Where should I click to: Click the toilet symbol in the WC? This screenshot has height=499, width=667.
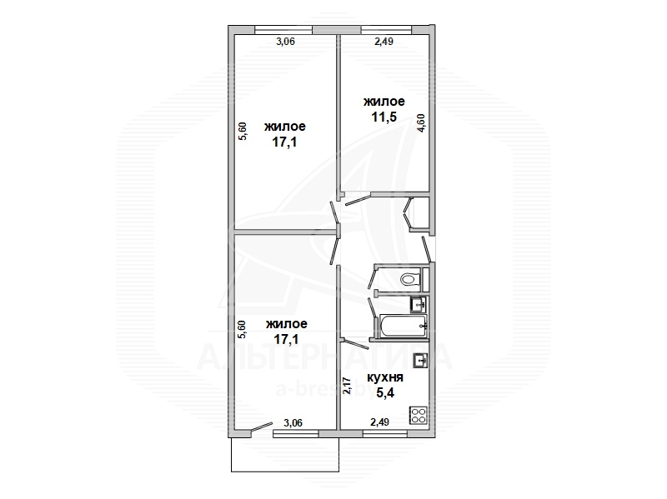click(410, 279)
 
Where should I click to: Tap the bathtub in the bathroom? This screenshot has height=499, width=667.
click(403, 326)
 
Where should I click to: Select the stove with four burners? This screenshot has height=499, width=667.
click(419, 415)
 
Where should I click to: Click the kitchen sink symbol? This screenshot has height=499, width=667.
click(421, 361)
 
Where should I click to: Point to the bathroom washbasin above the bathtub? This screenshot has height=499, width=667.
click(419, 305)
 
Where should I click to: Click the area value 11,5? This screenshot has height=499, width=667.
click(384, 117)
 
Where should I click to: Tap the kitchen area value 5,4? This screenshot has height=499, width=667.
click(384, 392)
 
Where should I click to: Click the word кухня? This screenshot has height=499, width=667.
click(385, 377)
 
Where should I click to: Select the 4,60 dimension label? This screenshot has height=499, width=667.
click(421, 122)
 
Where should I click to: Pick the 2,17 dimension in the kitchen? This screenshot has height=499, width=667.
click(347, 386)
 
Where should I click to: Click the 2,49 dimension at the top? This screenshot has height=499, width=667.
click(384, 41)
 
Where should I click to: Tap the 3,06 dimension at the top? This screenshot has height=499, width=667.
click(285, 41)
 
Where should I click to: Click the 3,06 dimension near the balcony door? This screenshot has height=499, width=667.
click(293, 423)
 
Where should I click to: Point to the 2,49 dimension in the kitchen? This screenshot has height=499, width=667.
click(380, 422)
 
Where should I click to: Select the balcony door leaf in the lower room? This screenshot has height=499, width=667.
click(262, 427)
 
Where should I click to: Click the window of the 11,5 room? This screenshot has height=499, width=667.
click(386, 30)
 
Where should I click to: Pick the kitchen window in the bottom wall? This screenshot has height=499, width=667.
click(385, 433)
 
